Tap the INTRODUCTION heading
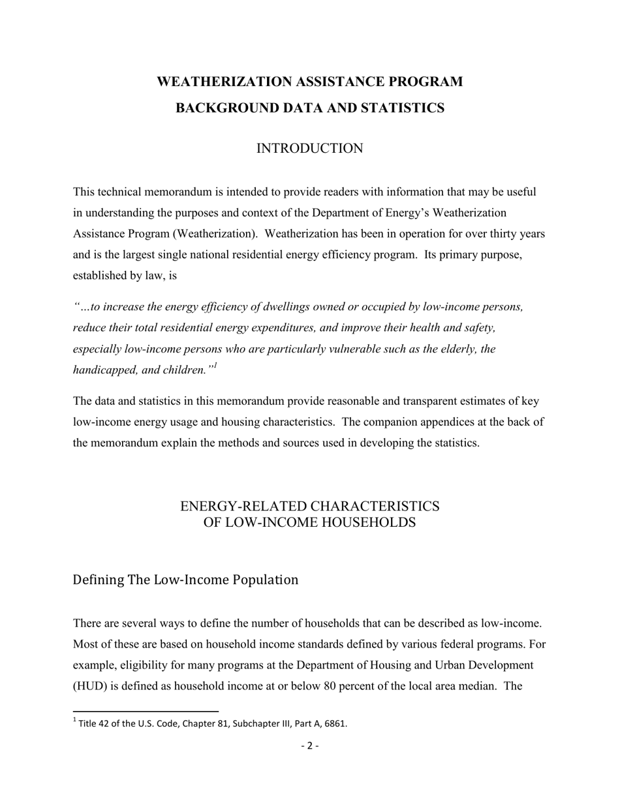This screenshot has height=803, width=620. [309, 149]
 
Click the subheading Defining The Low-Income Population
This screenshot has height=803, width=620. [185, 580]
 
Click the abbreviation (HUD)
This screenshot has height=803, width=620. [89, 686]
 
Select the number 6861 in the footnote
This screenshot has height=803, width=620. [336, 723]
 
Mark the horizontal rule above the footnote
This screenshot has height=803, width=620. [146, 711]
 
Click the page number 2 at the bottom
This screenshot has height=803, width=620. [309, 746]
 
